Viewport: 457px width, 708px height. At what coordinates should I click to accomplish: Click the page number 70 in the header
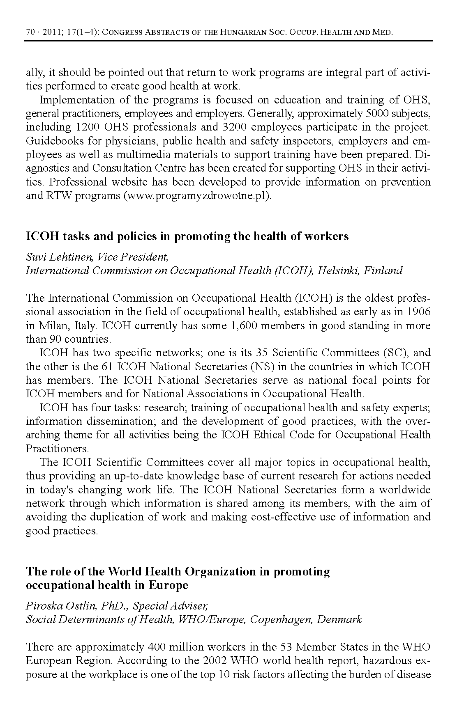pyautogui.click(x=30, y=32)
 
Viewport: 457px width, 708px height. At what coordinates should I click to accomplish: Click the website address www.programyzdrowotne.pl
pyautogui.click(x=197, y=195)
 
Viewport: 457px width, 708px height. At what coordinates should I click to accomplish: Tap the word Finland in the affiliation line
pyautogui.click(x=383, y=270)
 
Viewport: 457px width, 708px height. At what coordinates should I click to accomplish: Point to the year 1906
pyautogui.click(x=419, y=312)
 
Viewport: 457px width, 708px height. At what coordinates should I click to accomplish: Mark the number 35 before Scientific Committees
pyautogui.click(x=262, y=353)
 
